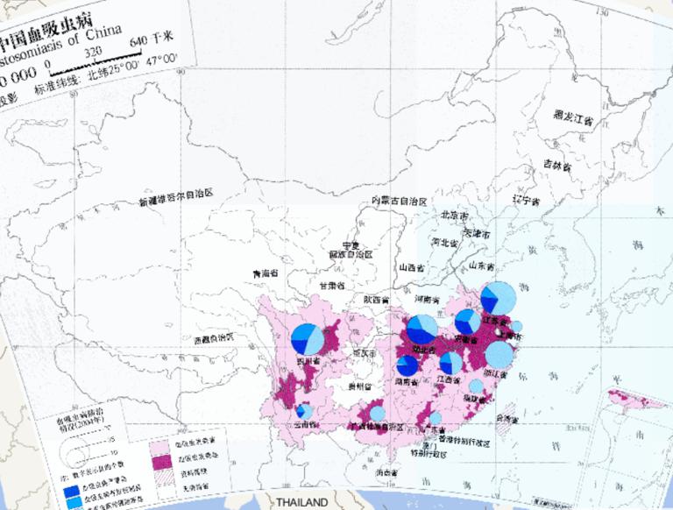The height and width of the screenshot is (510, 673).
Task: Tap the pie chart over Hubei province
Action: pyautogui.click(x=422, y=330)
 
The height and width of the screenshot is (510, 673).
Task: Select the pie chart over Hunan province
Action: pyautogui.click(x=407, y=366)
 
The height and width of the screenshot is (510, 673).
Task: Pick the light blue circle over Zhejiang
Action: pyautogui.click(x=499, y=355)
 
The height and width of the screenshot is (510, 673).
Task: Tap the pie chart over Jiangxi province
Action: pyautogui.click(x=450, y=363)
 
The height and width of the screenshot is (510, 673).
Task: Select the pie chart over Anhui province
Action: pyautogui.click(x=467, y=322)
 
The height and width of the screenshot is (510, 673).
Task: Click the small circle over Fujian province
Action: pyautogui.click(x=476, y=386)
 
